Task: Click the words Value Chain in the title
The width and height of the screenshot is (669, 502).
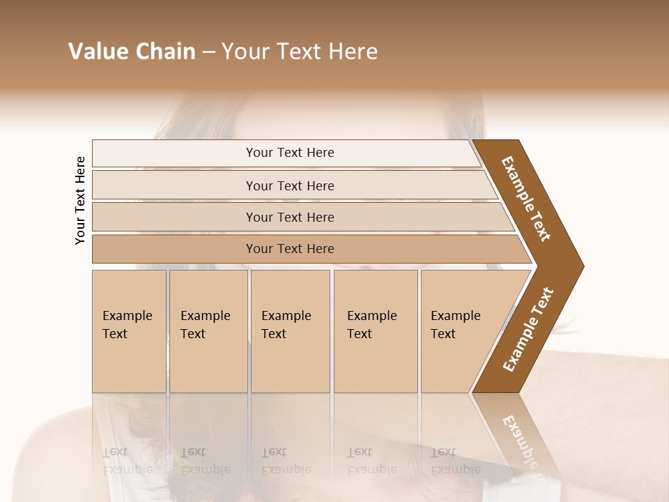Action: tap(132, 52)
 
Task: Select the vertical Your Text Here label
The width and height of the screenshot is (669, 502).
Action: tap(80, 200)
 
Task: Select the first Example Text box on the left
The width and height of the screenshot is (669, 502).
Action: tap(129, 331)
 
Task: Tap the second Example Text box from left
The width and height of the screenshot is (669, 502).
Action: tap(208, 331)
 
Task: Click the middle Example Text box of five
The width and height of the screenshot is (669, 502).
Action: tap(290, 331)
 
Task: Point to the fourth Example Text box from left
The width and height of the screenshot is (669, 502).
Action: tap(376, 331)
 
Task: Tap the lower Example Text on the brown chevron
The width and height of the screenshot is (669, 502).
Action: tap(528, 330)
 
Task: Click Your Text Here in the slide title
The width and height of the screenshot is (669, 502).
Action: tap(300, 52)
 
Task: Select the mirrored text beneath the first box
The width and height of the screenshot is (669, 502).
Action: tap(127, 461)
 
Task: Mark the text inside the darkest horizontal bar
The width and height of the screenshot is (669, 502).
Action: tap(290, 249)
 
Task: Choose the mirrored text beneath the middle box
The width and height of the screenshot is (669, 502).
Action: tap(286, 461)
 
